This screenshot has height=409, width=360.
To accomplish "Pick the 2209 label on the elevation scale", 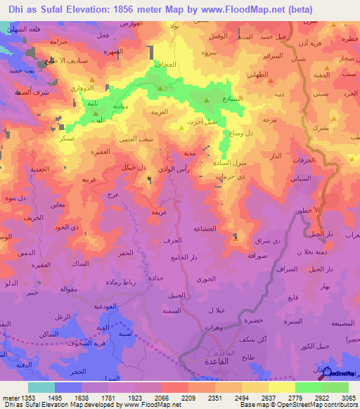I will click(x=188, y=398).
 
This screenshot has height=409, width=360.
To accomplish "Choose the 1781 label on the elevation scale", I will click(x=108, y=398).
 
